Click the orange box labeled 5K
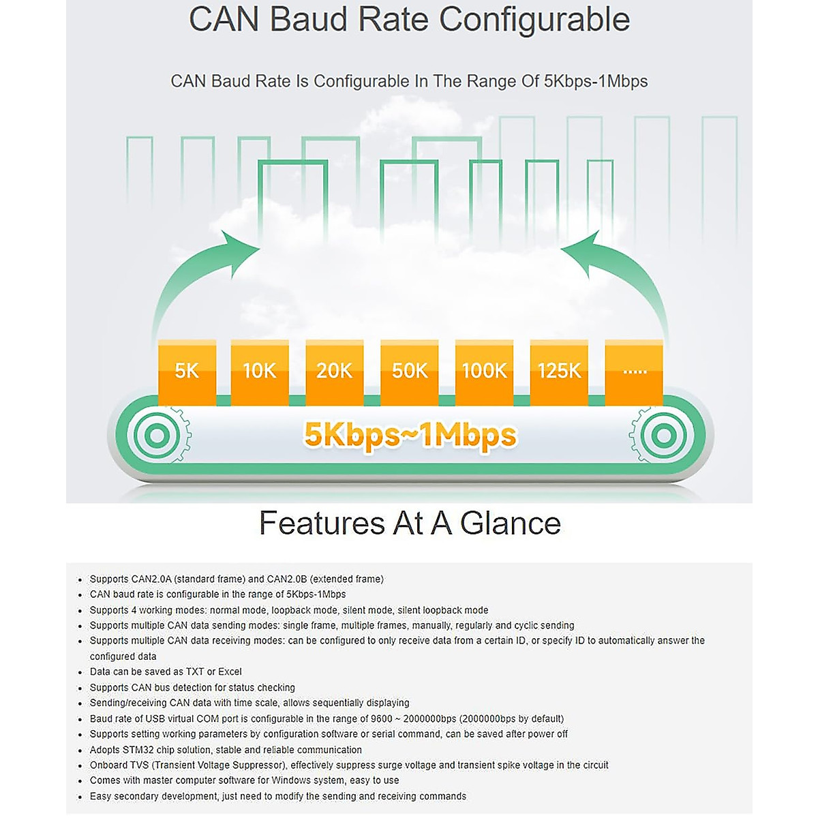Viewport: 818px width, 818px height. [187, 372]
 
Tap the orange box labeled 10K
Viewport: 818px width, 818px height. [260, 372]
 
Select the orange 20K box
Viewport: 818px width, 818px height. [334, 372]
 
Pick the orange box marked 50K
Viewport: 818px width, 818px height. [409, 372]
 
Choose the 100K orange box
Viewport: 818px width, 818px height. [484, 372]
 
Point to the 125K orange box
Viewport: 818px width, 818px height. [559, 372]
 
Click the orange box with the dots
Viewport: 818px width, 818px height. [634, 372]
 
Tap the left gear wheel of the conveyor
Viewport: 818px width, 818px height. [156, 435]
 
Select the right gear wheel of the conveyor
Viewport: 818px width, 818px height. [663, 435]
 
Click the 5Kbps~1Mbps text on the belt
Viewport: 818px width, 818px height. [410, 435]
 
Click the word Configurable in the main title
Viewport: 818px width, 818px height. [534, 19]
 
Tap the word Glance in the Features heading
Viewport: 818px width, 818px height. [511, 524]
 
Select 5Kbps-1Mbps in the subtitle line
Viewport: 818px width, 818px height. [595, 81]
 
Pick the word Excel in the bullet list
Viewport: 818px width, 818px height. [230, 671]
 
